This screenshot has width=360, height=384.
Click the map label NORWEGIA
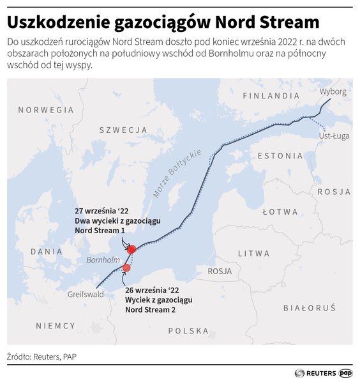[x=45, y=110]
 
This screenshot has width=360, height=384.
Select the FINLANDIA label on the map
[x=271, y=96]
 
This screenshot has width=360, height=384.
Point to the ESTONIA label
[x=280, y=155]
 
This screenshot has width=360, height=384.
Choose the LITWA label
[x=254, y=254]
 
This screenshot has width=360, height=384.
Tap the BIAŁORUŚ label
[x=309, y=308]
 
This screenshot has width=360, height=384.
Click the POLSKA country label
[x=188, y=331]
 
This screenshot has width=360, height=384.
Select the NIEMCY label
[x=56, y=326]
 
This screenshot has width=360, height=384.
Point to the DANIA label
[x=47, y=252]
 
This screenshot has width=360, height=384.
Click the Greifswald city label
[x=86, y=295]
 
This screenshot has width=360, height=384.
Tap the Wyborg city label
[x=333, y=91]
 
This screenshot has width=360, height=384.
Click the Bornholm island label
[x=103, y=260]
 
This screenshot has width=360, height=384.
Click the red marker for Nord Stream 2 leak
[x=126, y=268]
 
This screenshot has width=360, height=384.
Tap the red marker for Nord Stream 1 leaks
[x=131, y=249]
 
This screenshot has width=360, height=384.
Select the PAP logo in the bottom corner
[x=345, y=372]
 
